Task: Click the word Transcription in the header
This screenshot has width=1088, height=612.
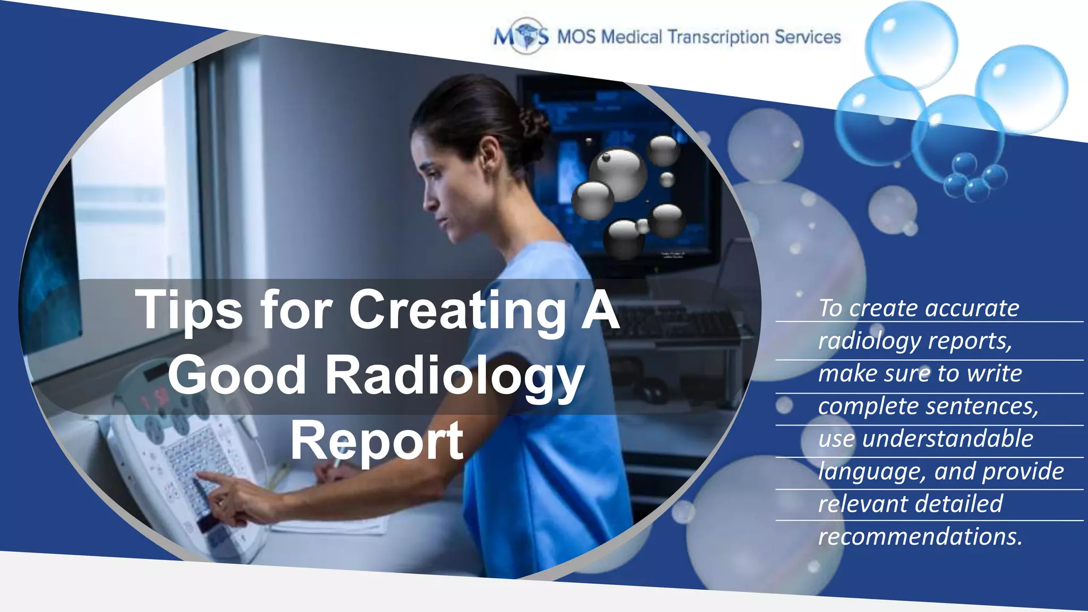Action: coord(718,37)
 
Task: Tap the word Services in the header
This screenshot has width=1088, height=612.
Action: coord(807,37)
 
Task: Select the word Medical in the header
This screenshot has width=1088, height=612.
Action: coord(632,37)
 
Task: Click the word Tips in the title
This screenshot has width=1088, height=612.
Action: coord(189,311)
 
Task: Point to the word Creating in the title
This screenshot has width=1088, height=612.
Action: coord(457,311)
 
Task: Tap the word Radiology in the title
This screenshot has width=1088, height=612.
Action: coord(455,376)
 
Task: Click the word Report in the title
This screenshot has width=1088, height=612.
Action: coord(377,441)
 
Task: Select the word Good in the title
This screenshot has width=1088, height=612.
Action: coord(237,376)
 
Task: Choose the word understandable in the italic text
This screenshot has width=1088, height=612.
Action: coord(948,439)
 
